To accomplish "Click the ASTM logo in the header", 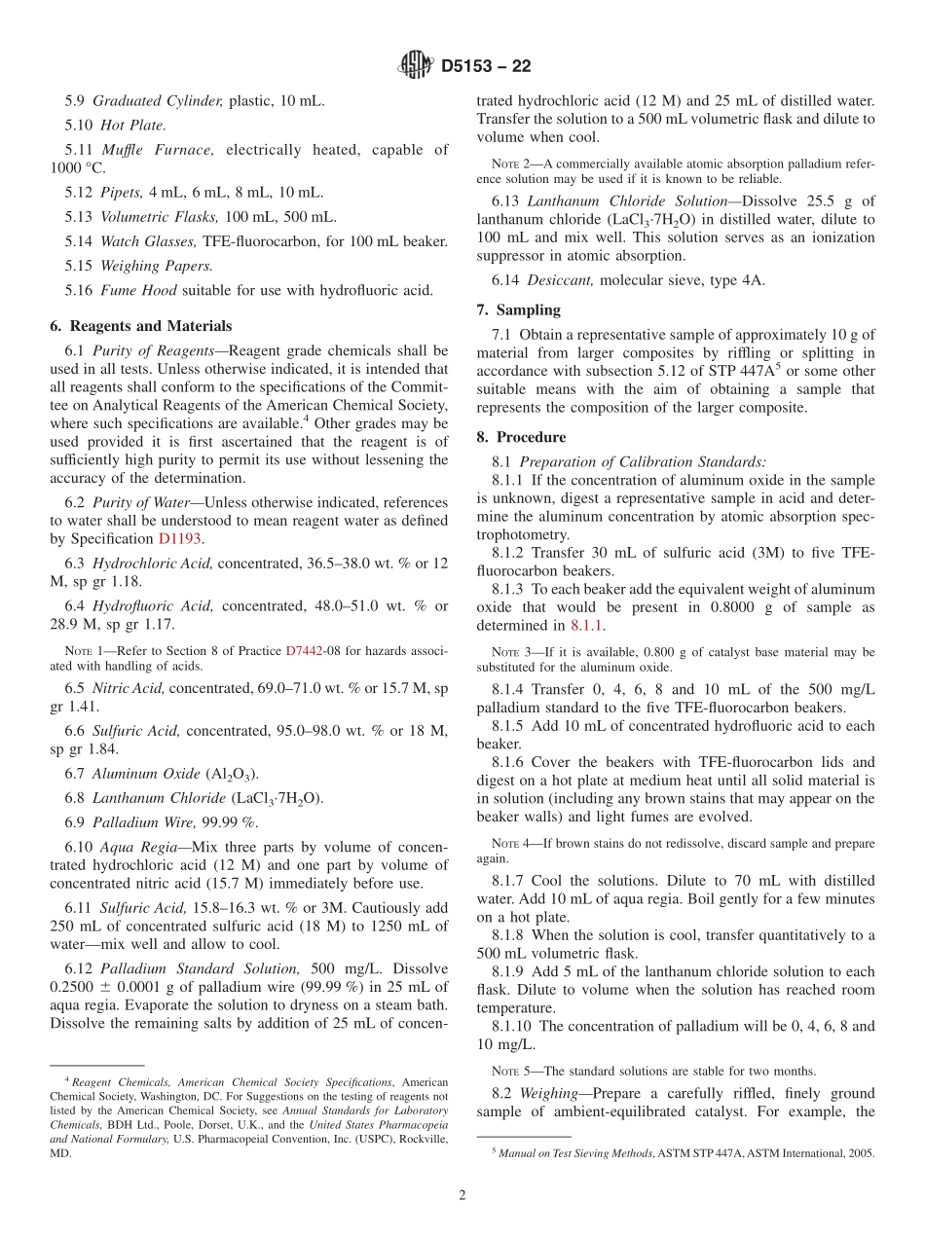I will coord(416,66).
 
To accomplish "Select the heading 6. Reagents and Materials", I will coord(141,326).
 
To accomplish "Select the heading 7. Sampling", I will coord(518,309).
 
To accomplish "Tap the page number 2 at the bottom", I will coord(462,1195).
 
